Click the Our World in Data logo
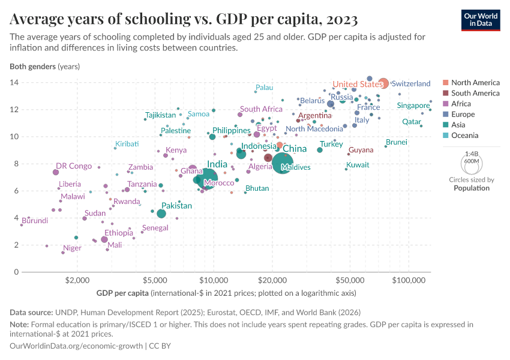pos(481,19)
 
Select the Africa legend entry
pos(462,104)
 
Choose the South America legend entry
pos(475,93)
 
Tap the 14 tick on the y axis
pos(14,82)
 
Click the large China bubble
pos(283,163)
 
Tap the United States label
pos(358,84)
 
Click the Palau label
pos(264,88)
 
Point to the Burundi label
pos(34,221)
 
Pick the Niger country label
pos(72,248)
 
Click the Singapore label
pos(413,106)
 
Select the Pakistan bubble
pos(161,214)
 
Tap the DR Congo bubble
pos(56,172)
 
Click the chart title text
pos(184,20)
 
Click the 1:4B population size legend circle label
pos(472,154)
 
